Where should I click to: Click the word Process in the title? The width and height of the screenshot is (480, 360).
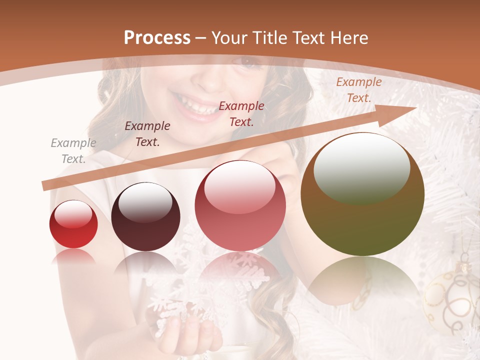click(x=157, y=38)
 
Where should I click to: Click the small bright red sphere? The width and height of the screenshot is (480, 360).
click(x=73, y=224)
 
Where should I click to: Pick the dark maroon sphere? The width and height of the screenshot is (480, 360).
click(x=145, y=218)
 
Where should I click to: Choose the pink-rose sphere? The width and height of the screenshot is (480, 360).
click(x=240, y=206)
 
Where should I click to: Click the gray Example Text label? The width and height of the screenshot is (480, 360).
click(x=73, y=151)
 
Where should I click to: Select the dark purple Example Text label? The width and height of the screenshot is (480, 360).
click(x=147, y=134)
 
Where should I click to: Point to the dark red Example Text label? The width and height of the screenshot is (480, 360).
click(x=241, y=114)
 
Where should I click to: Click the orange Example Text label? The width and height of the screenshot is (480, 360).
click(x=359, y=90)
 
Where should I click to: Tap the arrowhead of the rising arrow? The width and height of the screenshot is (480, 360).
click(x=400, y=112)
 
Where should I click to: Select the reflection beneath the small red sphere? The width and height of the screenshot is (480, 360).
click(x=73, y=256)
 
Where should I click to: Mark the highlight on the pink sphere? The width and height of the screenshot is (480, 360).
click(x=240, y=186)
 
